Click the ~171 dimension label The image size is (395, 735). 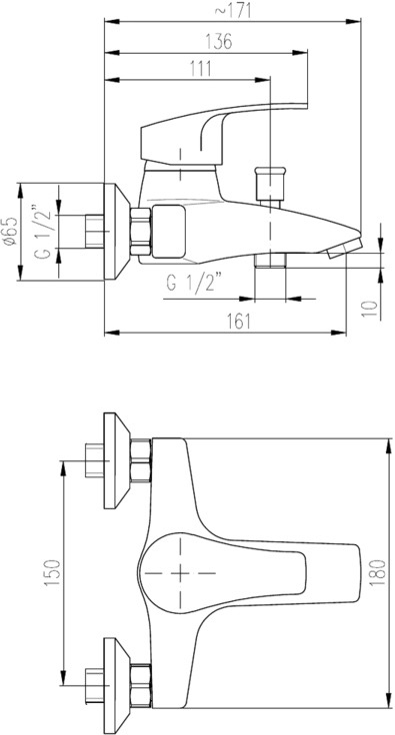[x=233, y=10]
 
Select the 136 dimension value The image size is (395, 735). [x=219, y=42]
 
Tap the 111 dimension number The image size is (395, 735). [x=200, y=69]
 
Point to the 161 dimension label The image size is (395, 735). [x=239, y=322]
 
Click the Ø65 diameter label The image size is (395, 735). [x=10, y=231]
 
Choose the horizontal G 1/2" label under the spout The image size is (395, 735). [x=194, y=284]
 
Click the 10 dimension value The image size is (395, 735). [x=370, y=310]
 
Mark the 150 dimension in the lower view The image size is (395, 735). [x=53, y=573]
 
